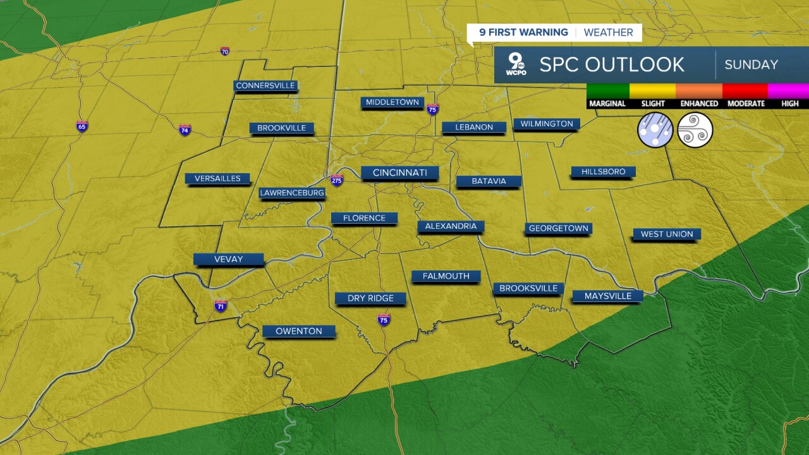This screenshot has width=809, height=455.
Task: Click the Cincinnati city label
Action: pos(399,173)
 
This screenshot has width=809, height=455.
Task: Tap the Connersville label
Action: pos(265,85)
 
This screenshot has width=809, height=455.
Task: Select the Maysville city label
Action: pos(607,296)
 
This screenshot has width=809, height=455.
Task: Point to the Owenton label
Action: pos(299,331)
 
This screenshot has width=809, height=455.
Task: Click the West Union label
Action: pos(667,234)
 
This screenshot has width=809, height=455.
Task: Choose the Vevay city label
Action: pos(228,259)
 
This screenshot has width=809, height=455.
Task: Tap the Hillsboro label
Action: pos(603,172)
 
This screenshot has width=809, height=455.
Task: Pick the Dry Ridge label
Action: pos(370,298)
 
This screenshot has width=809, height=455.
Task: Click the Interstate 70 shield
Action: pos(225,51)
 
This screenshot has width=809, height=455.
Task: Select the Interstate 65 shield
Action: pos(82,126)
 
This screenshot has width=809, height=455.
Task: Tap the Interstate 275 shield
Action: pos(337,179)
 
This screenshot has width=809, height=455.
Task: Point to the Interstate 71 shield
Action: pos(221,306)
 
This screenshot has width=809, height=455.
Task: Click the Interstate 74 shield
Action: pos(185,130)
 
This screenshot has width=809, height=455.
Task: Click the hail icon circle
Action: pos(655,130)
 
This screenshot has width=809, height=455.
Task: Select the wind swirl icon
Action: pos(695,130)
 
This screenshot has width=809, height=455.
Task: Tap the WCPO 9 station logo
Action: pos(516,64)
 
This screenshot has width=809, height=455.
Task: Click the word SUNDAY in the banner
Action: pos(751,64)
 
